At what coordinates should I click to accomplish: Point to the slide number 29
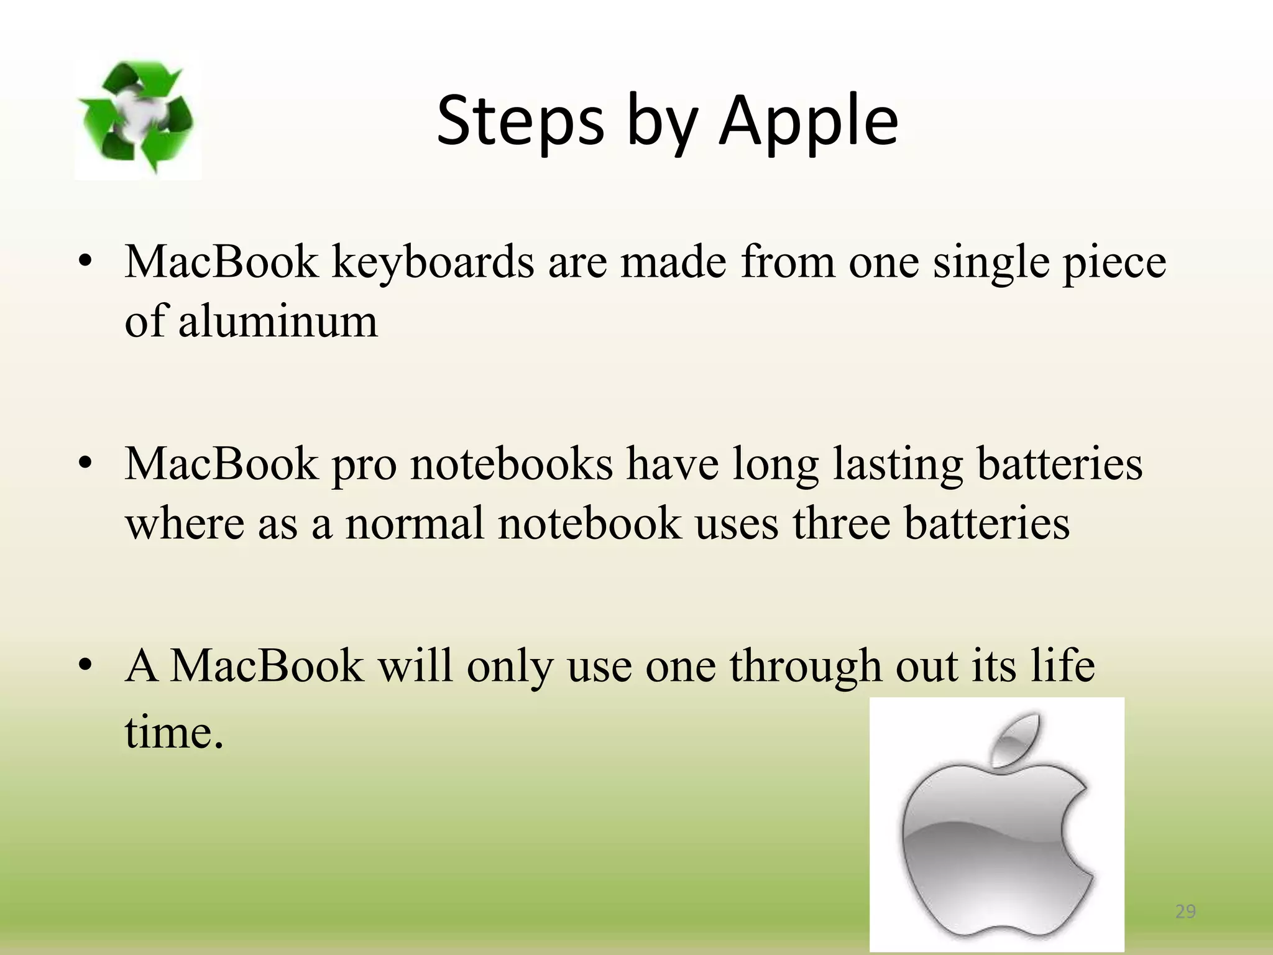(1185, 911)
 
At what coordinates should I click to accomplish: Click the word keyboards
(433, 262)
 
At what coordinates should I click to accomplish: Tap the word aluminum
(278, 322)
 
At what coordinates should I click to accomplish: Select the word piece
(1114, 262)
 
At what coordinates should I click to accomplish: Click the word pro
(364, 464)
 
